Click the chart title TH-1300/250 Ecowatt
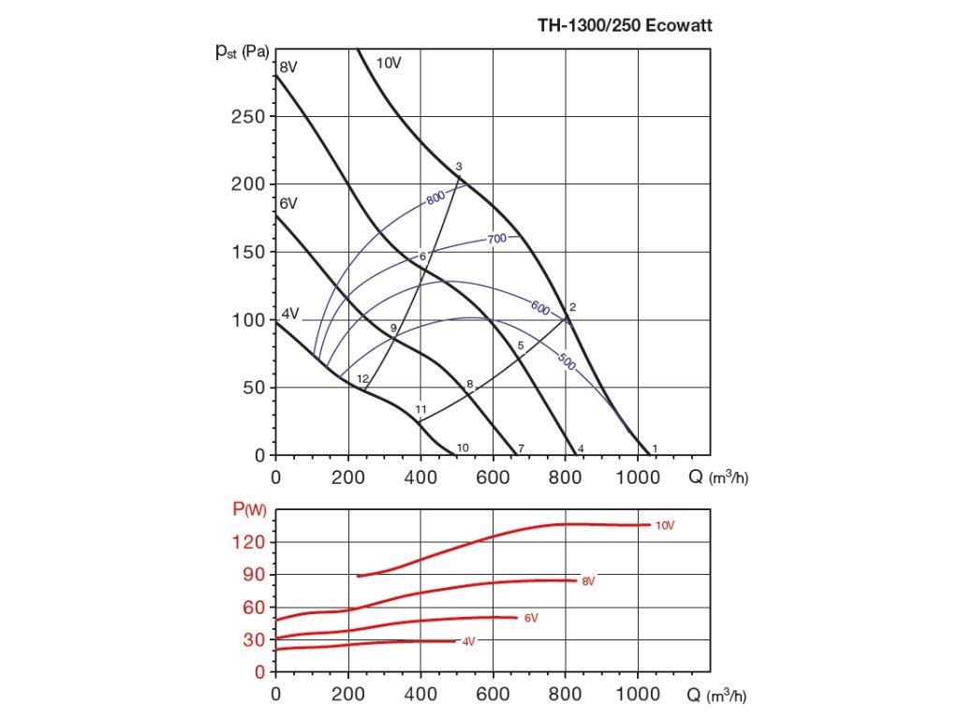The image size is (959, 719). (625, 26)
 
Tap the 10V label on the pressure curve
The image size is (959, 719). (389, 64)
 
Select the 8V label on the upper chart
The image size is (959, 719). (288, 66)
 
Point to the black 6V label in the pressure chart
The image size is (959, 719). (288, 203)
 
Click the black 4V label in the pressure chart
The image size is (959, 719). (290, 314)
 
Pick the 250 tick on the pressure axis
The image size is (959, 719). (247, 117)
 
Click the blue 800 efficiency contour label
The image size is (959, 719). (435, 198)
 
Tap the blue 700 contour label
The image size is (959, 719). (496, 240)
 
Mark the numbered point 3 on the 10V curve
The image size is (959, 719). (459, 168)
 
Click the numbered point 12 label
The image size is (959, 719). (362, 378)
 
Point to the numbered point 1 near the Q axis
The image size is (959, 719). (655, 448)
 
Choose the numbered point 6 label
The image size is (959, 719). (422, 257)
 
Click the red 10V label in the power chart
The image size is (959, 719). (664, 525)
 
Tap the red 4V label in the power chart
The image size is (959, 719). (468, 641)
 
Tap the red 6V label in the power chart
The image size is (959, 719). (531, 618)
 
